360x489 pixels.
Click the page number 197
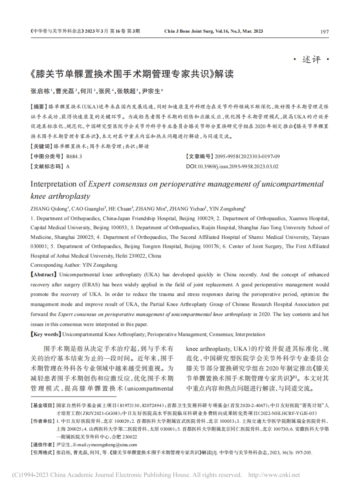tap(324, 32)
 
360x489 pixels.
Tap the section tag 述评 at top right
tap(311, 60)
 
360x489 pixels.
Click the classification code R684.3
tap(74, 156)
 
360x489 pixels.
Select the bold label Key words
tap(45, 334)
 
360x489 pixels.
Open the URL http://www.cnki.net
tap(274, 475)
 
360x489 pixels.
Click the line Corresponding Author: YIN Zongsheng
tap(74, 265)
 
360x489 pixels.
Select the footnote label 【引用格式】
tap(43, 453)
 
